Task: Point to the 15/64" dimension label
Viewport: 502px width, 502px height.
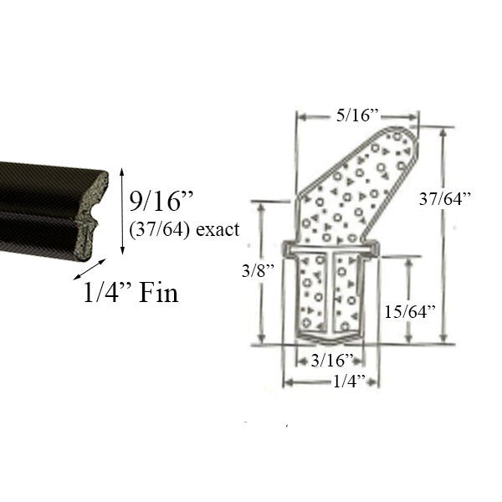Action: tap(410, 311)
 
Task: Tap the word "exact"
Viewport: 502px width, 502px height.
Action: tap(217, 228)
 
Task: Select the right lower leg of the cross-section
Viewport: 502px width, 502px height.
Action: tap(351, 293)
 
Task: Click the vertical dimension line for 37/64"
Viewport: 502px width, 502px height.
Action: tap(440, 234)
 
